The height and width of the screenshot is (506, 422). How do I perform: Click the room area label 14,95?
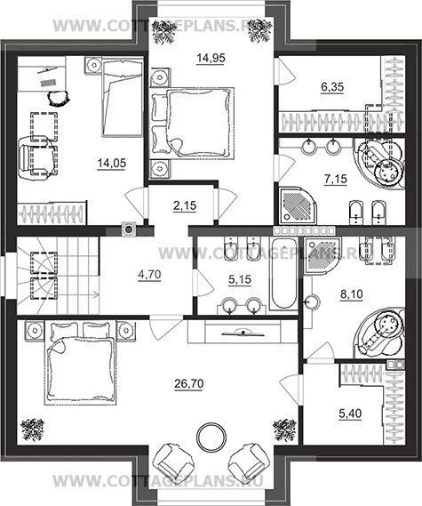coord(211,59)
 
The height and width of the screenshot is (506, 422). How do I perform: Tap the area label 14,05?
coord(112,164)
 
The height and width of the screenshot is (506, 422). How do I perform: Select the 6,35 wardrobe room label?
coord(332,87)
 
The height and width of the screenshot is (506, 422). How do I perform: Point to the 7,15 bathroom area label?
coord(336,179)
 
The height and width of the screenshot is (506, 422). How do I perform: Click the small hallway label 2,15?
coord(185,205)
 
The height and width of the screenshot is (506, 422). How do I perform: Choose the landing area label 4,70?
coord(149,275)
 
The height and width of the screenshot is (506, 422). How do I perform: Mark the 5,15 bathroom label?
coord(240,279)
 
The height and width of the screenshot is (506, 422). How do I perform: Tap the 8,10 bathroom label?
coord(352,294)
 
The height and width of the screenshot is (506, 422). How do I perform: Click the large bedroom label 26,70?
coord(189,383)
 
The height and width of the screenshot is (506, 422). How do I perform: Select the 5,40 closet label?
coord(350,414)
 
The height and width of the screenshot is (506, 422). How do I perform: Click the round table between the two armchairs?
coord(211,437)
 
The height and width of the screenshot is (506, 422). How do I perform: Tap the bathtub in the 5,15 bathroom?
coord(283,273)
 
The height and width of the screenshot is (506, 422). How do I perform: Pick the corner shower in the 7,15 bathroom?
coord(298,205)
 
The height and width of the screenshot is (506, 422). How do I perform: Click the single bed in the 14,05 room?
coord(123,97)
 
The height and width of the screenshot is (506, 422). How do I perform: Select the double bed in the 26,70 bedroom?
coord(80,362)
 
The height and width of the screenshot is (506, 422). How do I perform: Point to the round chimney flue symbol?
coord(129,229)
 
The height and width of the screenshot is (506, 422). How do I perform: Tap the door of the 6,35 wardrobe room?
coord(285,71)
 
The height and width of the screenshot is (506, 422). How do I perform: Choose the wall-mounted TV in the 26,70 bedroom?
coord(243,333)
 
